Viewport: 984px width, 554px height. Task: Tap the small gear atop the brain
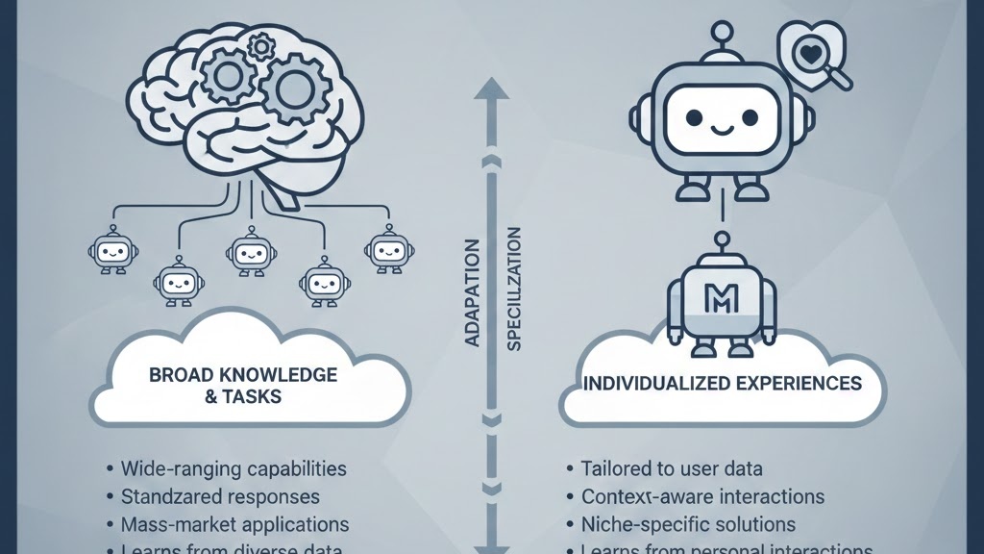tap(259, 45)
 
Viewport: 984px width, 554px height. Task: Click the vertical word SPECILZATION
tap(513, 289)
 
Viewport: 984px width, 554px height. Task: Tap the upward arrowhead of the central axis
tap(492, 89)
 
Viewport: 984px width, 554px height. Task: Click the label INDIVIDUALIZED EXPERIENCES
tap(722, 384)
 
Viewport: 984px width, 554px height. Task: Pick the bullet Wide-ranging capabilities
tap(234, 469)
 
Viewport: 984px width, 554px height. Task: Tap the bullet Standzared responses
tap(220, 497)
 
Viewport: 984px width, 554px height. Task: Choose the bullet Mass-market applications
tap(234, 525)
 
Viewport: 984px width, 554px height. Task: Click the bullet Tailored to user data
tap(672, 469)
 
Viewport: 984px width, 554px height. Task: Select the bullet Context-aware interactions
tap(702, 497)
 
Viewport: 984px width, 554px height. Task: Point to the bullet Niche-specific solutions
tap(688, 525)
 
